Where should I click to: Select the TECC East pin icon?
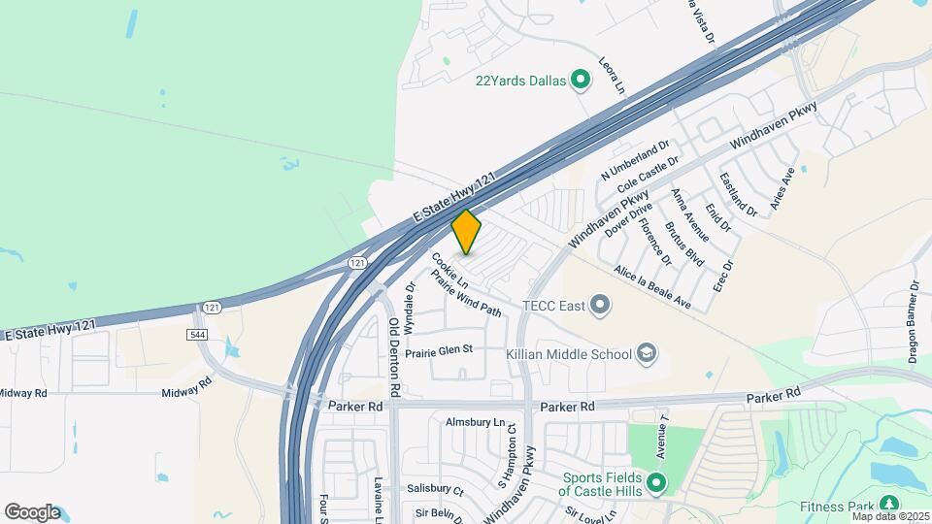coord(601,307)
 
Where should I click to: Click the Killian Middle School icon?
coord(647,354)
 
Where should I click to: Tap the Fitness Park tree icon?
coord(887,504)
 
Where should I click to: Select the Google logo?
coord(32,512)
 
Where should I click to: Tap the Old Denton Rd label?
coord(394,356)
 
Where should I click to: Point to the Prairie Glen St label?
coord(438,350)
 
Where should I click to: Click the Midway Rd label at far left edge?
coord(23,393)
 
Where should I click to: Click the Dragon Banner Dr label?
coord(915,322)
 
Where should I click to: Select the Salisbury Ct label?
coord(434,490)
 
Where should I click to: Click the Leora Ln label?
coord(611,74)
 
